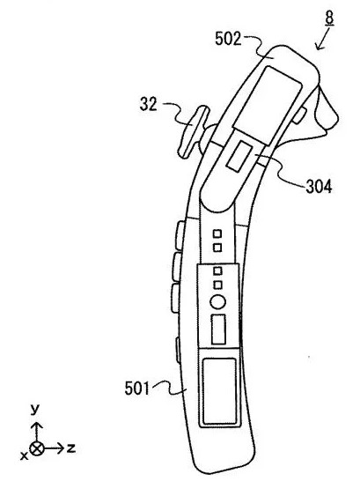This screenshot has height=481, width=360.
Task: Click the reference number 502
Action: pyautogui.click(x=228, y=39)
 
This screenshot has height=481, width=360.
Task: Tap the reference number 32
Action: pyautogui.click(x=149, y=104)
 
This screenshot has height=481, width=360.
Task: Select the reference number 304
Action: pyautogui.click(x=319, y=186)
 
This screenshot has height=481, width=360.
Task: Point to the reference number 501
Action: pyautogui.click(x=137, y=388)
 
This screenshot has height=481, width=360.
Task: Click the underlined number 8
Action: pyautogui.click(x=329, y=18)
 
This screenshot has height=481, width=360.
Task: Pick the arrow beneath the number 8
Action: pyautogui.click(x=322, y=39)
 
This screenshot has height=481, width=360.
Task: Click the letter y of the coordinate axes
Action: pyautogui.click(x=35, y=410)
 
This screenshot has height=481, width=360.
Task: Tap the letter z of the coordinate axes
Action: pyautogui.click(x=71, y=448)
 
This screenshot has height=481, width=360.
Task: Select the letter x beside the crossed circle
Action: pyautogui.click(x=24, y=455)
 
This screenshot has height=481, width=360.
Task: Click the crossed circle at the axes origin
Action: pyautogui.click(x=37, y=448)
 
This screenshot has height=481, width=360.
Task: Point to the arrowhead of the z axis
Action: pyautogui.click(x=61, y=448)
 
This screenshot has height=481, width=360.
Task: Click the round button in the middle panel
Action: pyautogui.click(x=217, y=302)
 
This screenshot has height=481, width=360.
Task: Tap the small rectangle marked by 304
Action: pyautogui.click(x=239, y=156)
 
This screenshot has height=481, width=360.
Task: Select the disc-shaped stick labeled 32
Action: pyautogui.click(x=194, y=132)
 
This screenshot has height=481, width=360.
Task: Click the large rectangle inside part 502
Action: pyautogui.click(x=267, y=105)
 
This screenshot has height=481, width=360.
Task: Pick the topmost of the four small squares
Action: pyautogui.click(x=217, y=233)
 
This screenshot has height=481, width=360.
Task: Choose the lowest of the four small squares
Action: pyautogui.click(x=217, y=285)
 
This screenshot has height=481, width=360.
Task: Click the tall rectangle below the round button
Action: pyautogui.click(x=219, y=329)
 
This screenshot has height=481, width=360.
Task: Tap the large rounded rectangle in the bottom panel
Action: pyautogui.click(x=219, y=392)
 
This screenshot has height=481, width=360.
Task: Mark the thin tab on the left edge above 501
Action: pyautogui.click(x=177, y=351)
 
